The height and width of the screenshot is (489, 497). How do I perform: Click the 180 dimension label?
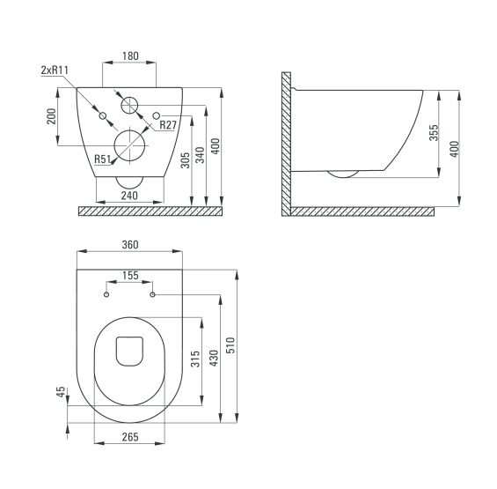(x=130, y=56)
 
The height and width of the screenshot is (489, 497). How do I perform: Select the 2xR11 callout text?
(x=55, y=70)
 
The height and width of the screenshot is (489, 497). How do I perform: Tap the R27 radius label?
(x=168, y=125)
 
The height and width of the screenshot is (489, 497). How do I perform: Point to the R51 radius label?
(x=102, y=159)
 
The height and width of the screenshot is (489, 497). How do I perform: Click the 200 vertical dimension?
(x=51, y=116)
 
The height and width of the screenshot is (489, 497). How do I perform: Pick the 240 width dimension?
(x=129, y=196)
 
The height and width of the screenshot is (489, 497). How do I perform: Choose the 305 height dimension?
(x=185, y=160)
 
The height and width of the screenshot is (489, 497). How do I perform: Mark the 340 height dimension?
(x=200, y=155)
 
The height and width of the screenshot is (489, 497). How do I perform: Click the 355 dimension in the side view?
(x=434, y=133)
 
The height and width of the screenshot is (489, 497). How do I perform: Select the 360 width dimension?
(x=130, y=245)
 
